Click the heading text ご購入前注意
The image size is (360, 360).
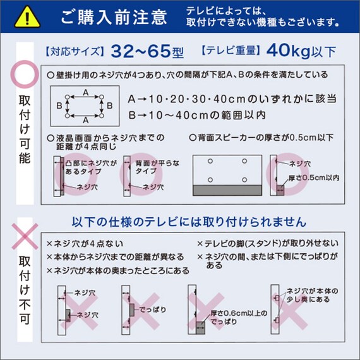tap(114, 17)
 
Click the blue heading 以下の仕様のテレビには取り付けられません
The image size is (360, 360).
tap(189, 222)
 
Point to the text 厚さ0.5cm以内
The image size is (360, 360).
tap(313, 177)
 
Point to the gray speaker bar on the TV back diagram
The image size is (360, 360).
tap(227, 190)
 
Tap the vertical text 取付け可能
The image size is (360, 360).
tap(24, 129)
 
